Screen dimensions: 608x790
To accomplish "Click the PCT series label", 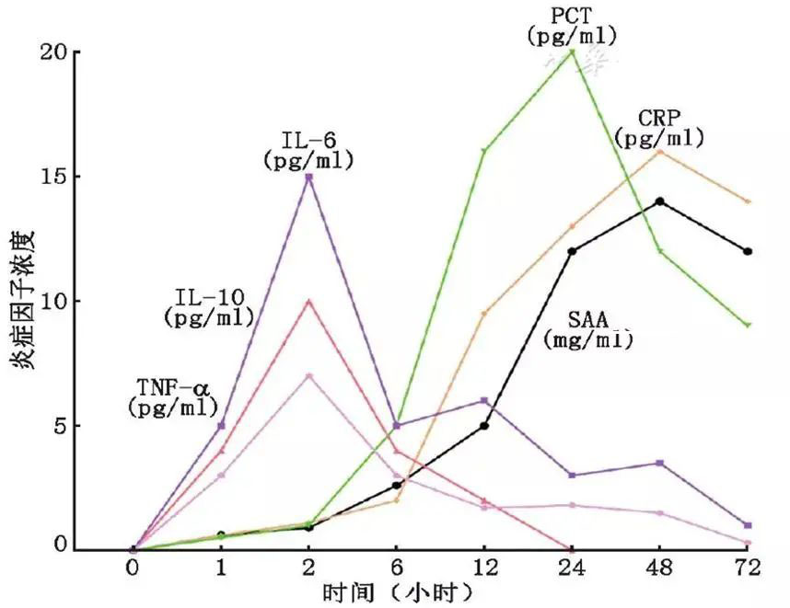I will [x=572, y=26].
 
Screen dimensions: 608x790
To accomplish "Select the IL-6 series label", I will [x=309, y=151].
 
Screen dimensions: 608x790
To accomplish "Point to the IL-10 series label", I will [x=209, y=307].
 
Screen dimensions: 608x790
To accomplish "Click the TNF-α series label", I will [x=174, y=396].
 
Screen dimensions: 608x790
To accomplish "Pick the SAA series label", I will [x=588, y=329].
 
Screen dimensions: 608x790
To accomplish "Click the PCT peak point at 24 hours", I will [x=573, y=52].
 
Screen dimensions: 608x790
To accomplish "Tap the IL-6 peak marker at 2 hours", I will [x=309, y=177].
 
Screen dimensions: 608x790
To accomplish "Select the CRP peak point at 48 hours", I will [x=660, y=152].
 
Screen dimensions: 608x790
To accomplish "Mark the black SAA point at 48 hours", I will [x=660, y=201].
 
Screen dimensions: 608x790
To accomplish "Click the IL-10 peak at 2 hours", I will [x=309, y=301].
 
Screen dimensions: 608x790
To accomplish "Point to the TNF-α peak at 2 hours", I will [x=309, y=375].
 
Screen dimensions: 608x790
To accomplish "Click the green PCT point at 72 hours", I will [x=748, y=325].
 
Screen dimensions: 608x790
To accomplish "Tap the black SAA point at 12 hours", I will [x=484, y=425].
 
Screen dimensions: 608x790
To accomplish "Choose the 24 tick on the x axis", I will [x=573, y=569].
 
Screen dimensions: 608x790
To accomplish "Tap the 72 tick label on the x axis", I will [x=748, y=569].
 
